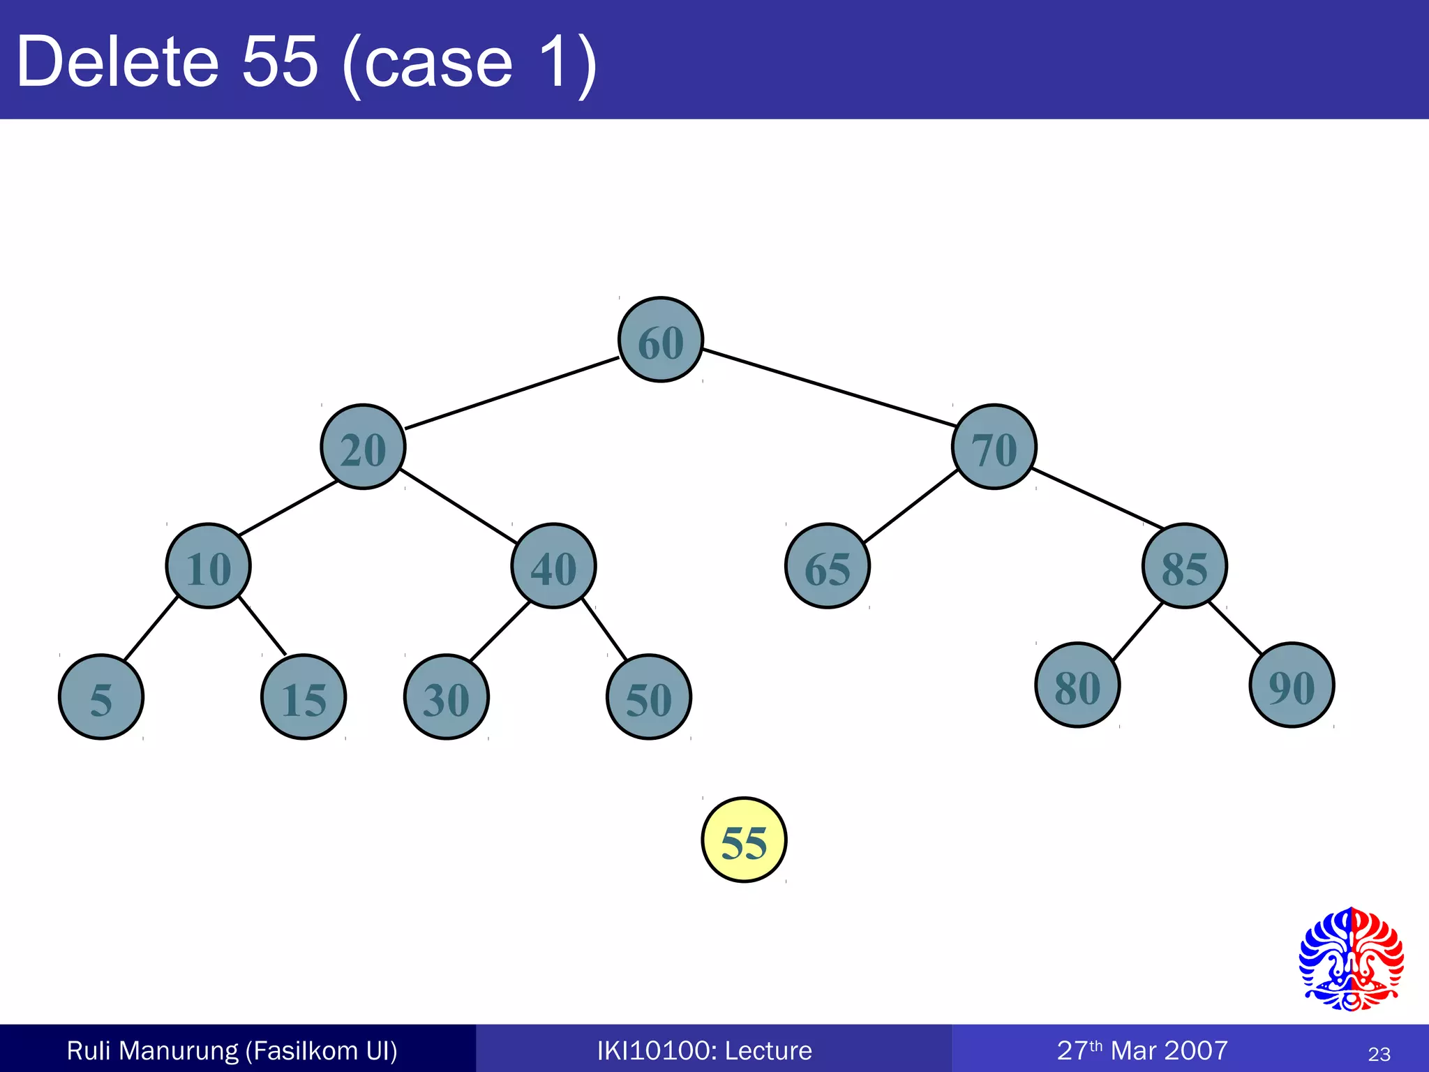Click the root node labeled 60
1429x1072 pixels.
click(x=661, y=340)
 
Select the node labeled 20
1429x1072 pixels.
click(x=363, y=447)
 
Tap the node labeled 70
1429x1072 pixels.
click(x=994, y=447)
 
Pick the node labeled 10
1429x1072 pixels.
click(x=208, y=566)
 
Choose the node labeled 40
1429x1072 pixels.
click(x=553, y=566)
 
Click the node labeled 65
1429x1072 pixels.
click(x=828, y=566)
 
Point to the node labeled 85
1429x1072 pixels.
click(x=1184, y=566)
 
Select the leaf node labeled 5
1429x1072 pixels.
click(x=101, y=697)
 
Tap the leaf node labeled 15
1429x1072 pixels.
click(x=304, y=697)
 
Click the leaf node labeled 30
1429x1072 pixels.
click(x=447, y=697)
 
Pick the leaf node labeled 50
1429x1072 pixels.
click(x=649, y=697)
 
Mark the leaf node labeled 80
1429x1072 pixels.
click(x=1077, y=685)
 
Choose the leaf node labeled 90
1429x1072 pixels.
click(x=1292, y=685)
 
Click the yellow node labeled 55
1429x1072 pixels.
click(x=744, y=840)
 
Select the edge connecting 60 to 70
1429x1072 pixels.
click(x=829, y=387)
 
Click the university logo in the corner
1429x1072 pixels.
click(x=1351, y=959)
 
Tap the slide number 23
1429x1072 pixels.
click(x=1379, y=1054)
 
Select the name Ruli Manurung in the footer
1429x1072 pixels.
click(x=152, y=1050)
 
